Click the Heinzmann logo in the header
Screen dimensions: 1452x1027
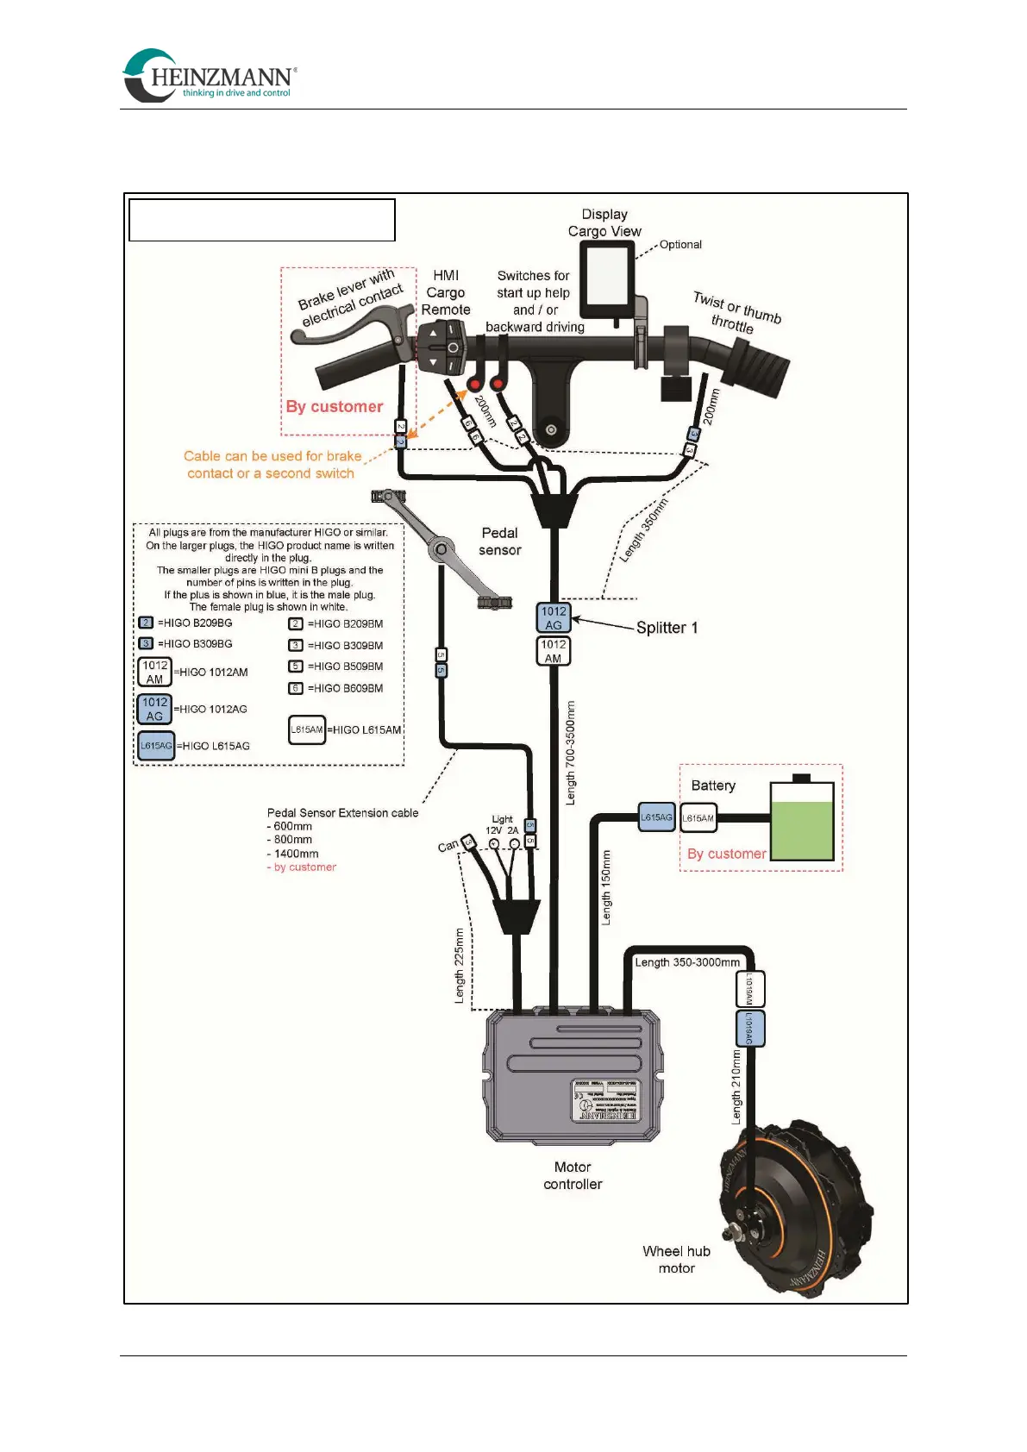[x=210, y=76]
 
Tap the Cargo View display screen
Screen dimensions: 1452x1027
[x=606, y=278]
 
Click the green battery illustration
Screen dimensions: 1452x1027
[x=802, y=823]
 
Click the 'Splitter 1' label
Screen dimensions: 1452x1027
[x=667, y=628]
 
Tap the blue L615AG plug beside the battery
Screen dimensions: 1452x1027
[x=656, y=817]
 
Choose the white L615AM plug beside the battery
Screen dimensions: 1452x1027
[x=698, y=818]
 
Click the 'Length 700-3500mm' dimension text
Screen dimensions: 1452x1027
[x=571, y=754]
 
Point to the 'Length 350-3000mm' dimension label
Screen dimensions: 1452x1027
[x=687, y=962]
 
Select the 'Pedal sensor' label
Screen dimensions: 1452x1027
[x=500, y=541]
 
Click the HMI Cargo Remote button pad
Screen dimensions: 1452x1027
[x=442, y=347]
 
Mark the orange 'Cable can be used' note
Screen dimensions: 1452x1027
[x=272, y=465]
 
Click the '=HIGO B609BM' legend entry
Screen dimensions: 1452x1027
[x=345, y=688]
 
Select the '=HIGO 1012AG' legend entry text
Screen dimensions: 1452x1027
[x=211, y=709]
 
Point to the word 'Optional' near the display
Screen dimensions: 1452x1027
[x=680, y=245]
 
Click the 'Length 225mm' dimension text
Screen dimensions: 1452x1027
[x=460, y=966]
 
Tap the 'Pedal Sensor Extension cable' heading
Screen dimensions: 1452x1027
[x=342, y=812]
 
